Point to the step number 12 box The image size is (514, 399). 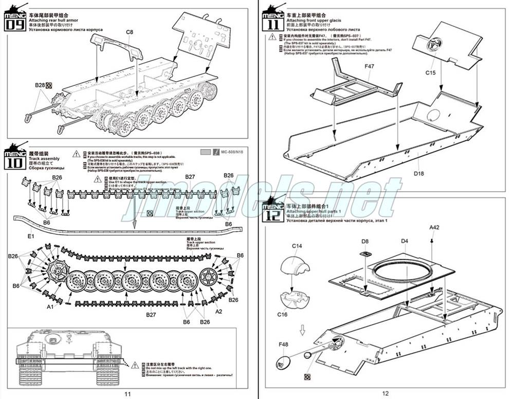coord(271,212)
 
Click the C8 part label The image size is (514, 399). coord(129,32)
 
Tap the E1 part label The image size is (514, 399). coord(30,236)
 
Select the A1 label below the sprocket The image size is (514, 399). coord(50,307)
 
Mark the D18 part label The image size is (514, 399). coord(418,173)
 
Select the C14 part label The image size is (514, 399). coord(297,246)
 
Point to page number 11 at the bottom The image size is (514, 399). coord(128,393)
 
